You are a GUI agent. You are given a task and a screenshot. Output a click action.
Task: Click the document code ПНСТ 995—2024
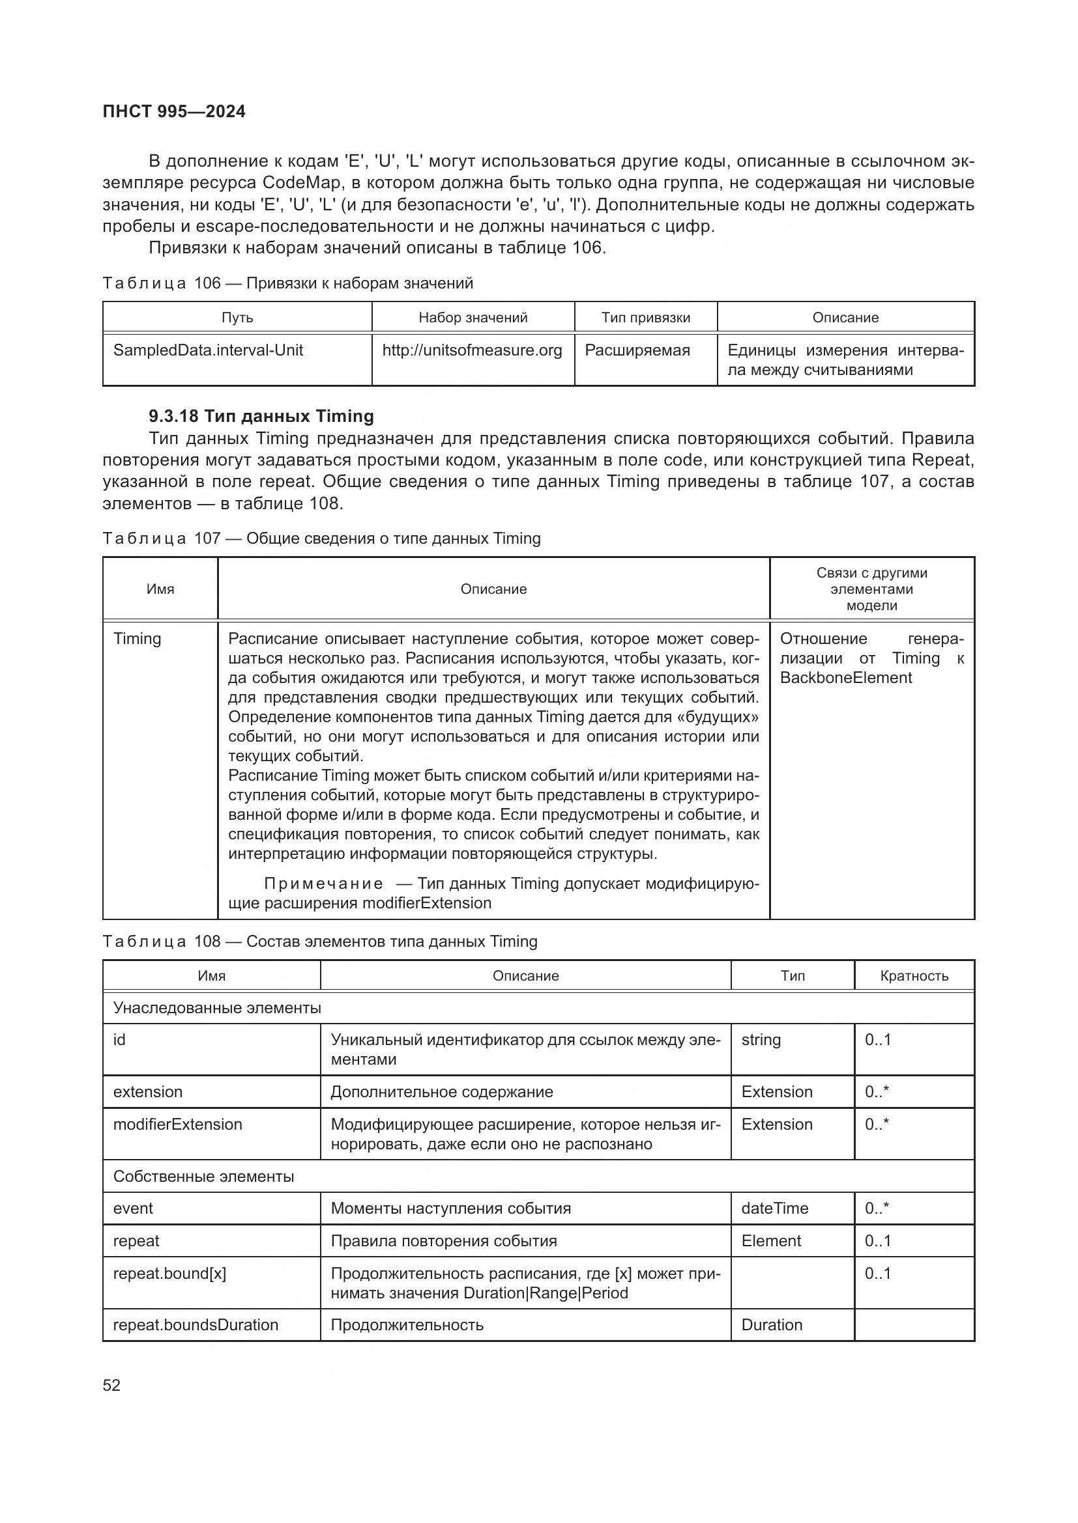tap(174, 111)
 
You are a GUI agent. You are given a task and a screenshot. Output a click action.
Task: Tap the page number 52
tap(111, 1385)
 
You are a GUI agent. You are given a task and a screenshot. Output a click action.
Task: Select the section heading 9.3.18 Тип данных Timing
tap(261, 416)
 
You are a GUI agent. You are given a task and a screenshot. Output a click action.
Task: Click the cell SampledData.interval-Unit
tap(208, 350)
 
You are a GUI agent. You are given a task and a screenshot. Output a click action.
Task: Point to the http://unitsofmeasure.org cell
tap(472, 350)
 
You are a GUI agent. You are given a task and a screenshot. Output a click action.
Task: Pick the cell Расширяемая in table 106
tap(637, 350)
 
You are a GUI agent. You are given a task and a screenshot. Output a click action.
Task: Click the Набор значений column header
tap(473, 318)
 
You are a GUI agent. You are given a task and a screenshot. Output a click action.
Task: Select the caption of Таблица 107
tap(321, 538)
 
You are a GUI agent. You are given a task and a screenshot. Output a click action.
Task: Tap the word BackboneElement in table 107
tap(846, 678)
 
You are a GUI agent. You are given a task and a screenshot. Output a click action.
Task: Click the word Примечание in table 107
tap(323, 884)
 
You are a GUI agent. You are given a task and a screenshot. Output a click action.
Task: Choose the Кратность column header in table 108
tap(914, 976)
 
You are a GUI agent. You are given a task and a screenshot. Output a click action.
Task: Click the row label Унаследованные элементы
tap(217, 1008)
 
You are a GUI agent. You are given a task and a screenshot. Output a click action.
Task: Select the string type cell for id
tap(761, 1040)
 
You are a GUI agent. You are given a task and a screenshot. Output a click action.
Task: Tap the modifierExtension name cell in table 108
tap(178, 1125)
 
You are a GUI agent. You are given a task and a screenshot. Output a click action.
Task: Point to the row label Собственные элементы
tap(203, 1177)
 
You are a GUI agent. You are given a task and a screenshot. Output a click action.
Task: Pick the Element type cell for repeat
tap(771, 1241)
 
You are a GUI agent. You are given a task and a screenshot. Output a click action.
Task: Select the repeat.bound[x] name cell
tap(169, 1274)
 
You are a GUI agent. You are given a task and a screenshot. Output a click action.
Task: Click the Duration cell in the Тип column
tap(771, 1325)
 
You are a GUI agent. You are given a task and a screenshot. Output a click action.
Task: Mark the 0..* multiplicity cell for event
tap(877, 1209)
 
